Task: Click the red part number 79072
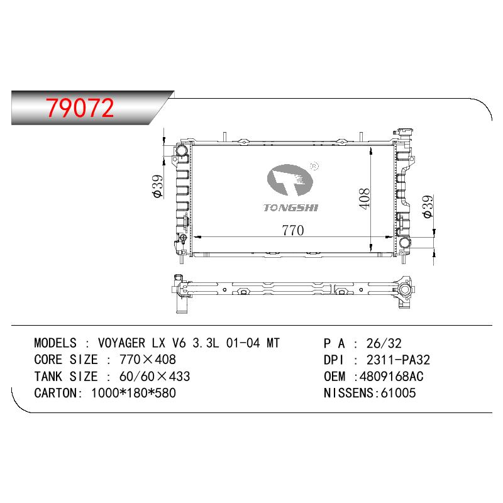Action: pyautogui.click(x=80, y=108)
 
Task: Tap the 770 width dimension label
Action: pyautogui.click(x=292, y=230)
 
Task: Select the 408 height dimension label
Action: pyautogui.click(x=364, y=199)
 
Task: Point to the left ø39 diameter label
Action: pyautogui.click(x=158, y=186)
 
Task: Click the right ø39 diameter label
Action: pyautogui.click(x=428, y=207)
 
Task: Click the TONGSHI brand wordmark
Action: pyautogui.click(x=290, y=208)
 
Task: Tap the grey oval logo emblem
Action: pyautogui.click(x=290, y=180)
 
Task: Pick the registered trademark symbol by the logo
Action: pyautogui.click(x=314, y=166)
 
